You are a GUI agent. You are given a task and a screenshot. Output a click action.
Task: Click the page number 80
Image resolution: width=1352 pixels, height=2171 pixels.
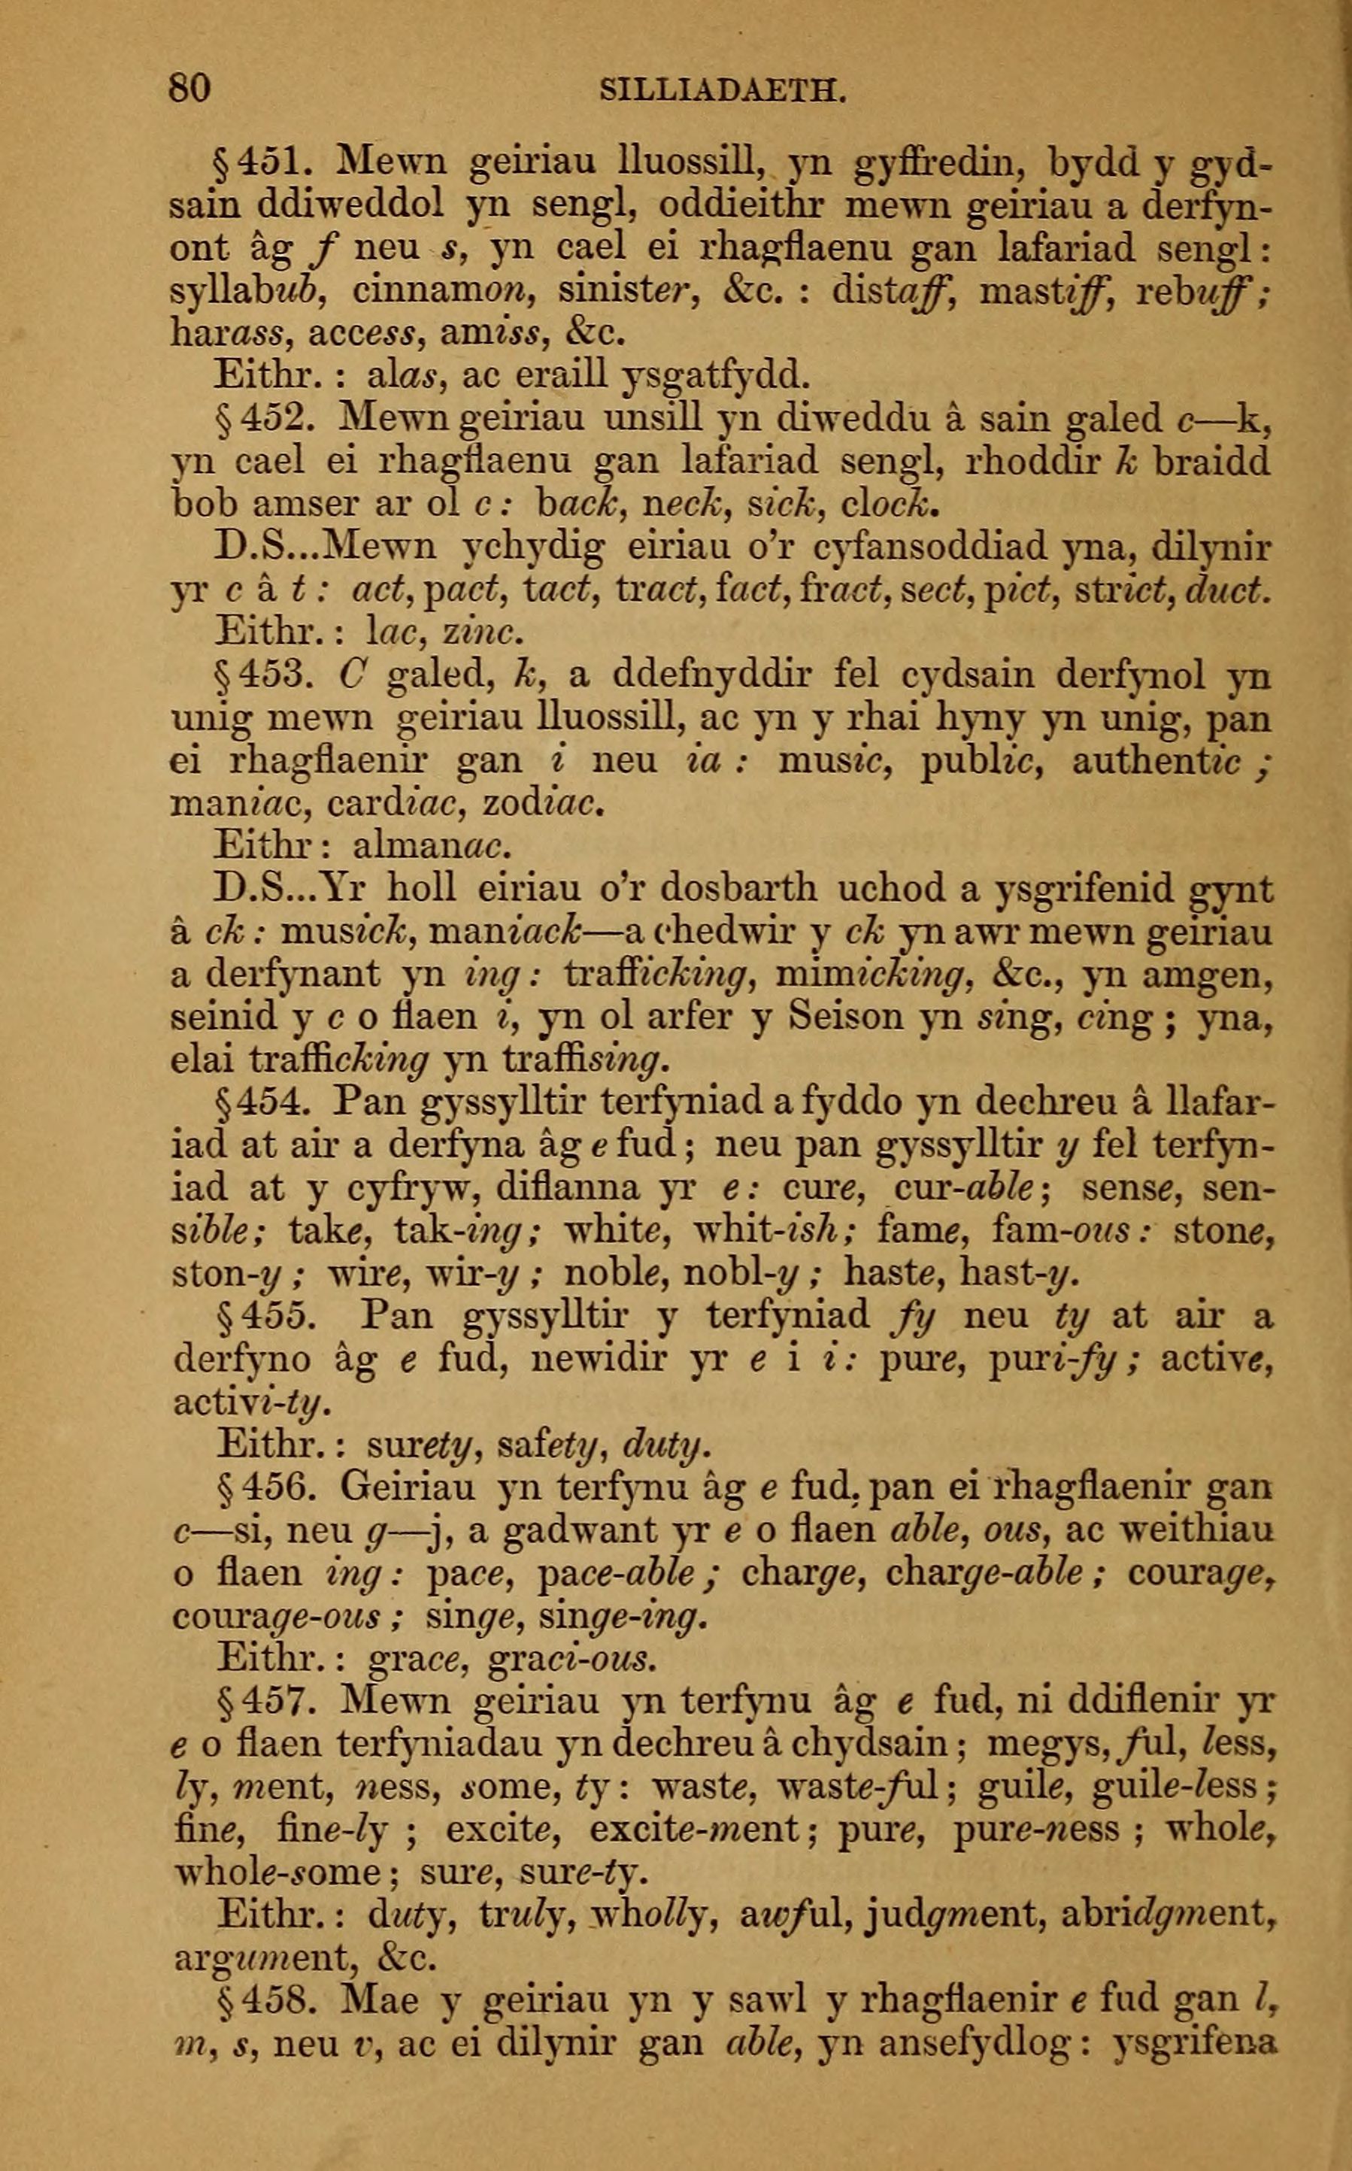click(x=189, y=89)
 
